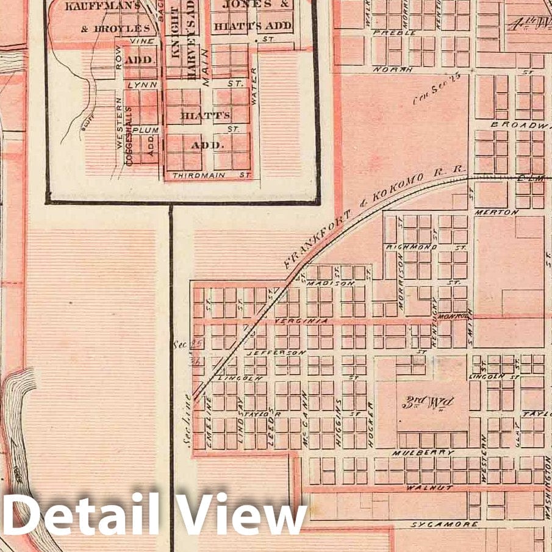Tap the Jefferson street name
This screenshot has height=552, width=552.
point(275,353)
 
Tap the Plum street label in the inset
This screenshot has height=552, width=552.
point(149,130)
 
